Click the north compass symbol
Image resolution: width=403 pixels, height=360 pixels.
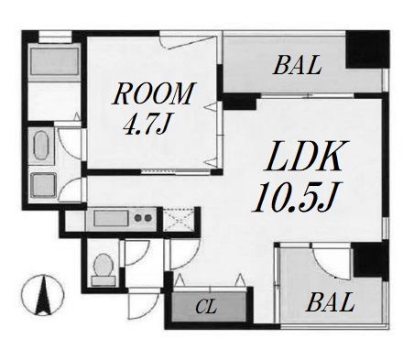pyautogui.click(x=43, y=295)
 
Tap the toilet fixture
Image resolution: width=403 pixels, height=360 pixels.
pyautogui.click(x=103, y=269)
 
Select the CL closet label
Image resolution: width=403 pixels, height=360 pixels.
pyautogui.click(x=206, y=307)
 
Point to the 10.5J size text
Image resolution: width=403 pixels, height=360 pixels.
pyautogui.click(x=297, y=197)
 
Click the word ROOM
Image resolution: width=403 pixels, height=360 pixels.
pyautogui.click(x=154, y=93)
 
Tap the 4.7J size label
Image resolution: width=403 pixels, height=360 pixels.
pyautogui.click(x=146, y=125)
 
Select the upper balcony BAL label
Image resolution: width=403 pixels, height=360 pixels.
pyautogui.click(x=298, y=65)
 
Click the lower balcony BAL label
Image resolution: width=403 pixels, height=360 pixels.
pyautogui.click(x=331, y=302)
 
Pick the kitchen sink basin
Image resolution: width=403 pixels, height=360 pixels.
pyautogui.click(x=111, y=219)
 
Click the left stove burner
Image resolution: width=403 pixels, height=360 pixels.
pyautogui.click(x=138, y=218)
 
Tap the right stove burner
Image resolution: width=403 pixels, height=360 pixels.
pyautogui.click(x=148, y=218)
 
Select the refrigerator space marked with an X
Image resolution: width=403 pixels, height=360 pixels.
pyautogui.click(x=179, y=219)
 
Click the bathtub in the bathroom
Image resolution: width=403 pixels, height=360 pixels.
pyautogui.click(x=55, y=61)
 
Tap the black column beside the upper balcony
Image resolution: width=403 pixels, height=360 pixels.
pyautogui.click(x=367, y=49)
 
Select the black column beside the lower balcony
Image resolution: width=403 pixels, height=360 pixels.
pyautogui.click(x=371, y=260)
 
